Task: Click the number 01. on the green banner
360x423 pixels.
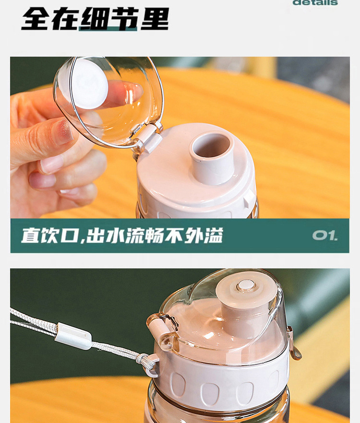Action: [325, 235]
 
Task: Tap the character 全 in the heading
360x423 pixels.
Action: [36, 19]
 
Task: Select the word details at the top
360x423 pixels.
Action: [315, 2]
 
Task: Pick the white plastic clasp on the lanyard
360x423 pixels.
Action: [73, 336]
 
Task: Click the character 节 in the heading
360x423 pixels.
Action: [125, 19]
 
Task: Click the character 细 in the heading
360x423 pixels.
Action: [95, 19]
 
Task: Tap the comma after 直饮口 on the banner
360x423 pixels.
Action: [82, 240]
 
